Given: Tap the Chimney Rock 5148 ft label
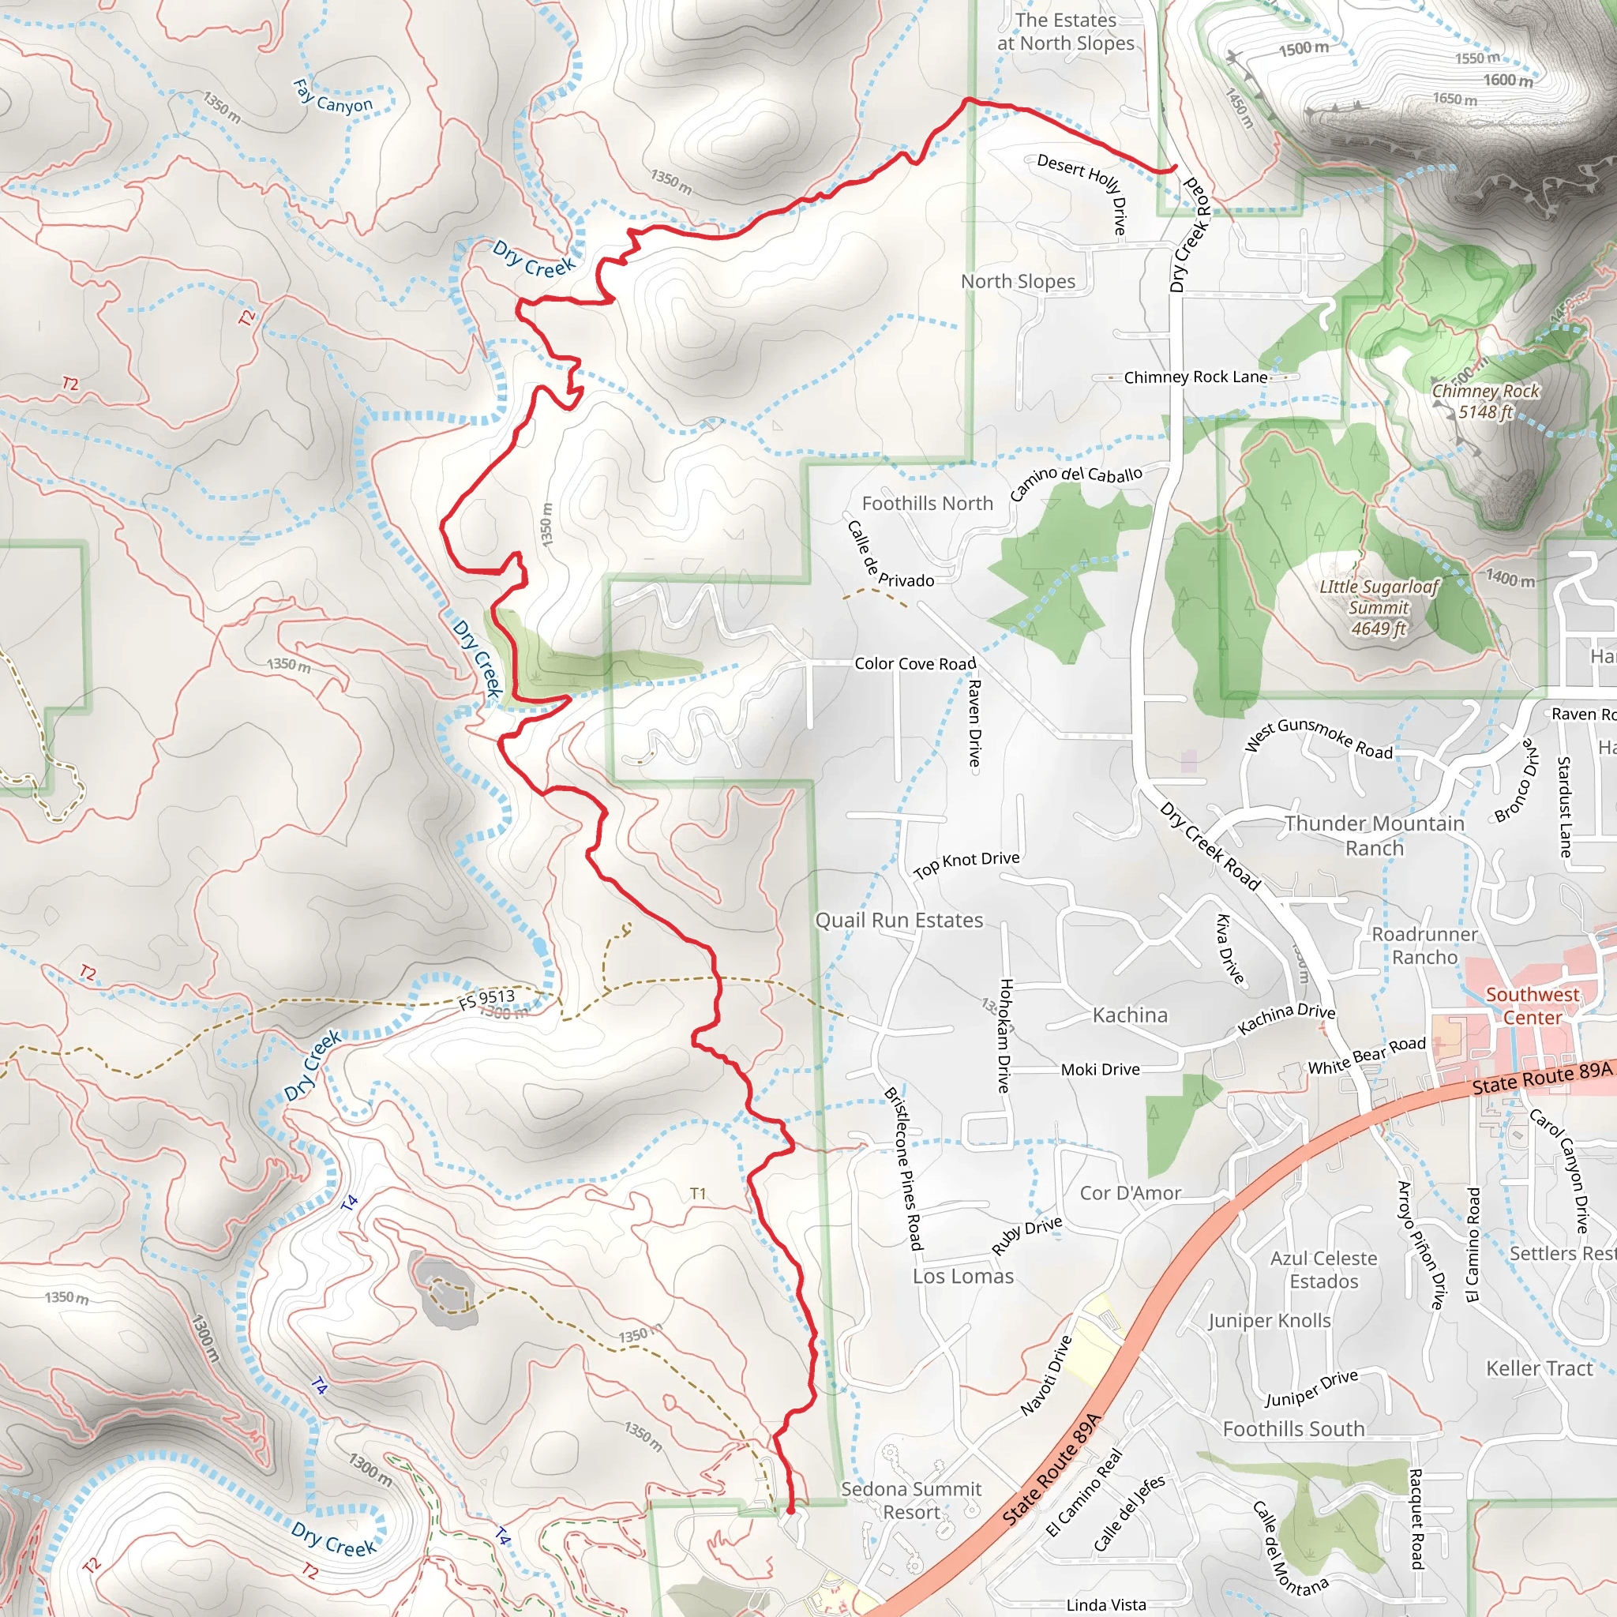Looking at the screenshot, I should coord(1485,401).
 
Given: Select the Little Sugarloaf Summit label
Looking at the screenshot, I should coord(1379,608).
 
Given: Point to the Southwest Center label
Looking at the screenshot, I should coord(1532,1005).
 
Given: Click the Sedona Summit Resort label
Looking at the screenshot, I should coord(910,1501).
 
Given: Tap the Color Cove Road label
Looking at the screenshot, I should coord(915,664).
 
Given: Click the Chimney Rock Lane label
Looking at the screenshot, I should coord(1195,377).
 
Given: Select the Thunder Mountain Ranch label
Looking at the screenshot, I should coord(1375,835).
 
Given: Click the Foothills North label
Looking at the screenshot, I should coord(928,503).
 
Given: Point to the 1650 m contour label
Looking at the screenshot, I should coord(1454,99).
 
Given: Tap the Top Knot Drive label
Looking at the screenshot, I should coord(966,863).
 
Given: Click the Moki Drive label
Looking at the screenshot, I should coord(1100,1070).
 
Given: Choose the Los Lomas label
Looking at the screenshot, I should coord(962,1277).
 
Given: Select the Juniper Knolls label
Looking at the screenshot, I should coord(1269,1321).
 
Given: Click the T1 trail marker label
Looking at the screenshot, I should coord(698,1194).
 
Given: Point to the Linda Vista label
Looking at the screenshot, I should coord(1105,1604).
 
